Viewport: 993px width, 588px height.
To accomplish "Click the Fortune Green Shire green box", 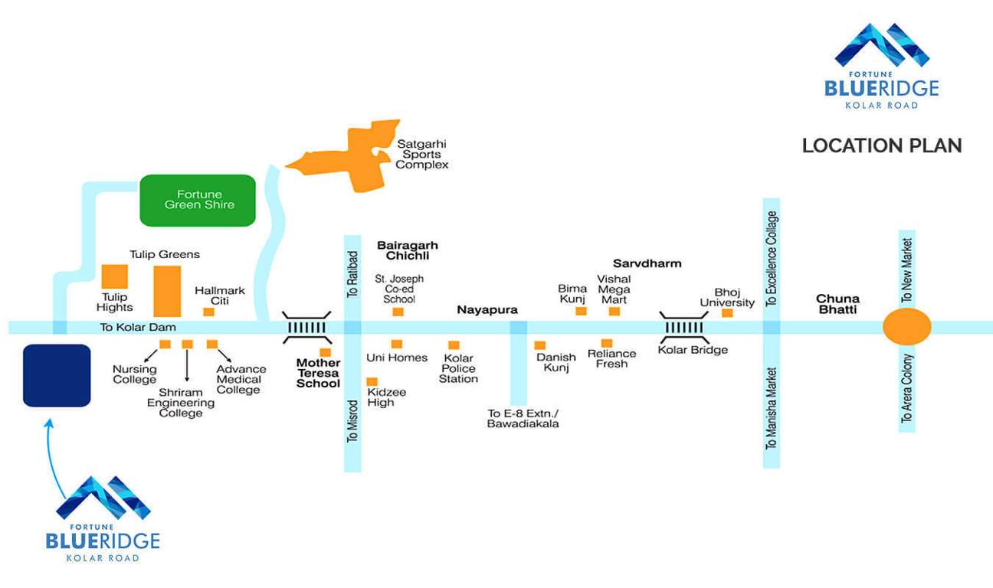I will [198, 201].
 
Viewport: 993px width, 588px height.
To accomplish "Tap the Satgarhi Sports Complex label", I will [421, 154].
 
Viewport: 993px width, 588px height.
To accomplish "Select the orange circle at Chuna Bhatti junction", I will [907, 327].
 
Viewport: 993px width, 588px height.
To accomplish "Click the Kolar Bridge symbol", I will [685, 328].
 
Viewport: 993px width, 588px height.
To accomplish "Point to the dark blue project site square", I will [57, 375].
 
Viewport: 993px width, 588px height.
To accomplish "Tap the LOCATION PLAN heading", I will [882, 145].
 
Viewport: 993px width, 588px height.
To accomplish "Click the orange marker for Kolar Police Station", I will [454, 345].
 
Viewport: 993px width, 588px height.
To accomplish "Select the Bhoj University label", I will [727, 297].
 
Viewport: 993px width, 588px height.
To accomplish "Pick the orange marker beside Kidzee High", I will [372, 381].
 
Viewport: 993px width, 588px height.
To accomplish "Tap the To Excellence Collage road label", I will [772, 259].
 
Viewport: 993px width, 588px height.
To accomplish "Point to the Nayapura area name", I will [487, 310].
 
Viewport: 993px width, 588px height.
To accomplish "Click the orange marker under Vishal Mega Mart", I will [614, 311].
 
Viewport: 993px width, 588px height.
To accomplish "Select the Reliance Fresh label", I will [611, 358].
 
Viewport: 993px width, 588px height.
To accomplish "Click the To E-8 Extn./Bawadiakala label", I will [523, 418].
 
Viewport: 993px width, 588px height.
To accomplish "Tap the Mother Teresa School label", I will [318, 373].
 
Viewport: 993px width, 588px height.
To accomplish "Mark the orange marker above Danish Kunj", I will [540, 345].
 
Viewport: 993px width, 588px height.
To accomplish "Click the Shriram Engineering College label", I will [181, 403].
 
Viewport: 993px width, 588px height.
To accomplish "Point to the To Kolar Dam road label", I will [138, 328].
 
